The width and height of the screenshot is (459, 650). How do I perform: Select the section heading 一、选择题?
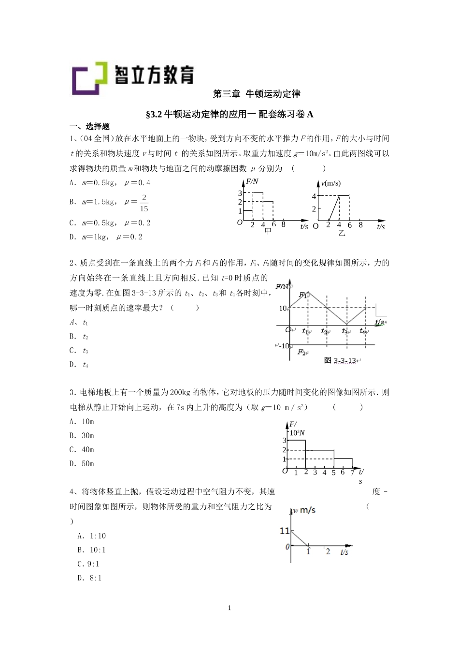pos(89,127)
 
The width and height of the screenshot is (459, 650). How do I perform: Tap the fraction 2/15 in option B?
pos(143,203)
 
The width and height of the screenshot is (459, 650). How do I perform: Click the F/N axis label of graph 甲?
pos(252,182)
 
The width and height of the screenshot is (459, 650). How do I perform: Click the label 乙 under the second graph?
pos(342,233)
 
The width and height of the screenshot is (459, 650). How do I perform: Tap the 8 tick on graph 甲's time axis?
pos(283,224)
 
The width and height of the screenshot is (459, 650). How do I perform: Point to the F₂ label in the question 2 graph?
pos(302,352)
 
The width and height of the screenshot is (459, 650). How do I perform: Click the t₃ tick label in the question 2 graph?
pos(345,331)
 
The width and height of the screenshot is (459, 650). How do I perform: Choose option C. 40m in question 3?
pos(82,450)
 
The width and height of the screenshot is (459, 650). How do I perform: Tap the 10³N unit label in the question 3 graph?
pos(297,433)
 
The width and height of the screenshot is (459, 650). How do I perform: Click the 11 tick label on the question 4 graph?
pos(284,531)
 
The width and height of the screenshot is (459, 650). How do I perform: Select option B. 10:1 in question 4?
pos(91,550)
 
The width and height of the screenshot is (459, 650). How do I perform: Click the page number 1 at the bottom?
pos(229,608)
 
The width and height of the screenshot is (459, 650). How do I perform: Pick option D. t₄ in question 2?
pos(79,365)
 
